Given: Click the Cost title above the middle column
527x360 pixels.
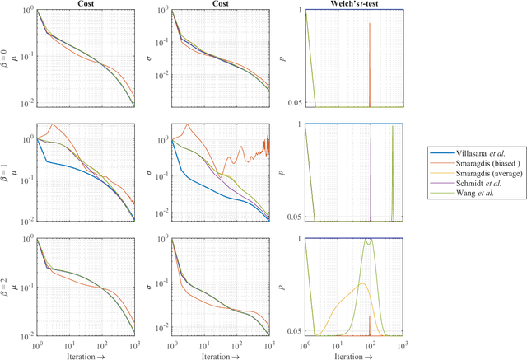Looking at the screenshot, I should pos(220,4).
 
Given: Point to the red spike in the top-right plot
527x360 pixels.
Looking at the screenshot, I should pos(371,25).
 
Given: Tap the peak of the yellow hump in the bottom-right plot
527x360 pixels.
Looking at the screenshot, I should pos(360,284).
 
